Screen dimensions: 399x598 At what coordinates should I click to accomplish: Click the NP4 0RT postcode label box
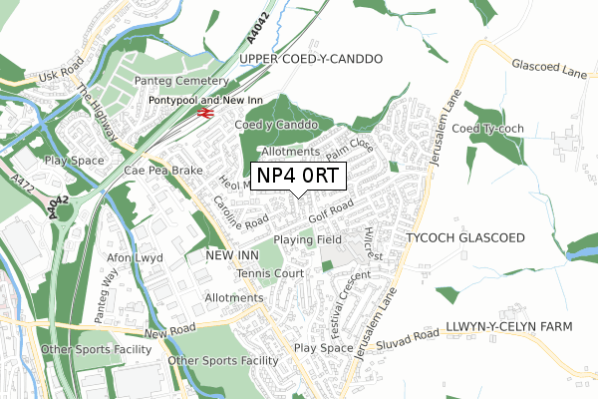300,177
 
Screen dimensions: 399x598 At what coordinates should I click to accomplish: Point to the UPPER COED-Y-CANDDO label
311,60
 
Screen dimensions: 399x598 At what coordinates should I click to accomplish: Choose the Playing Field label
308,240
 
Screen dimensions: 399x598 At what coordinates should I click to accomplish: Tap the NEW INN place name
231,256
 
